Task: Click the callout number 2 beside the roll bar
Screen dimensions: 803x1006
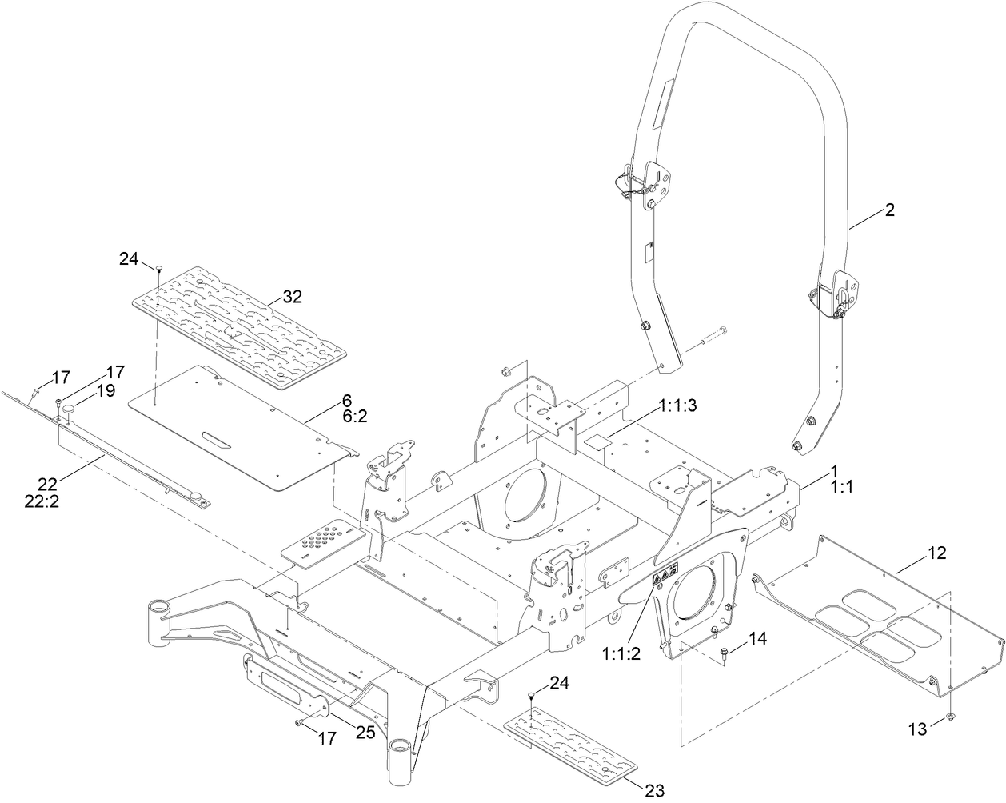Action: tap(889, 210)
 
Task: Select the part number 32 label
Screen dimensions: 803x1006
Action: tap(292, 297)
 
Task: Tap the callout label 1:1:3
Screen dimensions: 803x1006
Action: tap(678, 406)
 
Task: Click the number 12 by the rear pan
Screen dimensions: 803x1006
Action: tap(936, 553)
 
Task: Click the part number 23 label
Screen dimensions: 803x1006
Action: tap(654, 791)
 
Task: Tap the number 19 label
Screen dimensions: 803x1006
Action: tap(106, 390)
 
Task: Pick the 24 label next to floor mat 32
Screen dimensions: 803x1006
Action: tap(130, 258)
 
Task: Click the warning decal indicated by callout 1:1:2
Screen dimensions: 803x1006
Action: tap(665, 573)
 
